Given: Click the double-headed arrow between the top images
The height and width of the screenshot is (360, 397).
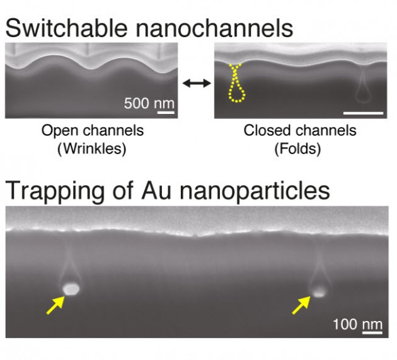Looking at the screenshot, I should (193, 83).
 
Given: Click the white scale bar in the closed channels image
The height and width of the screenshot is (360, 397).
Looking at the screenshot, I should (363, 113).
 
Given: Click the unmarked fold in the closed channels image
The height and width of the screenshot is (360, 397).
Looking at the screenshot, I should (362, 88).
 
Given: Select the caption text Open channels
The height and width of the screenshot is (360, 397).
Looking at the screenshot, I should (93, 131).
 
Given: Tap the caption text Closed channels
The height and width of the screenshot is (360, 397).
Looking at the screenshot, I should (300, 131).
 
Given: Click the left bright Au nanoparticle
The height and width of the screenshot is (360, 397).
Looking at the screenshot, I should (71, 288).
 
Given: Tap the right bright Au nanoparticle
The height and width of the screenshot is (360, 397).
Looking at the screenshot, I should (319, 291).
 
